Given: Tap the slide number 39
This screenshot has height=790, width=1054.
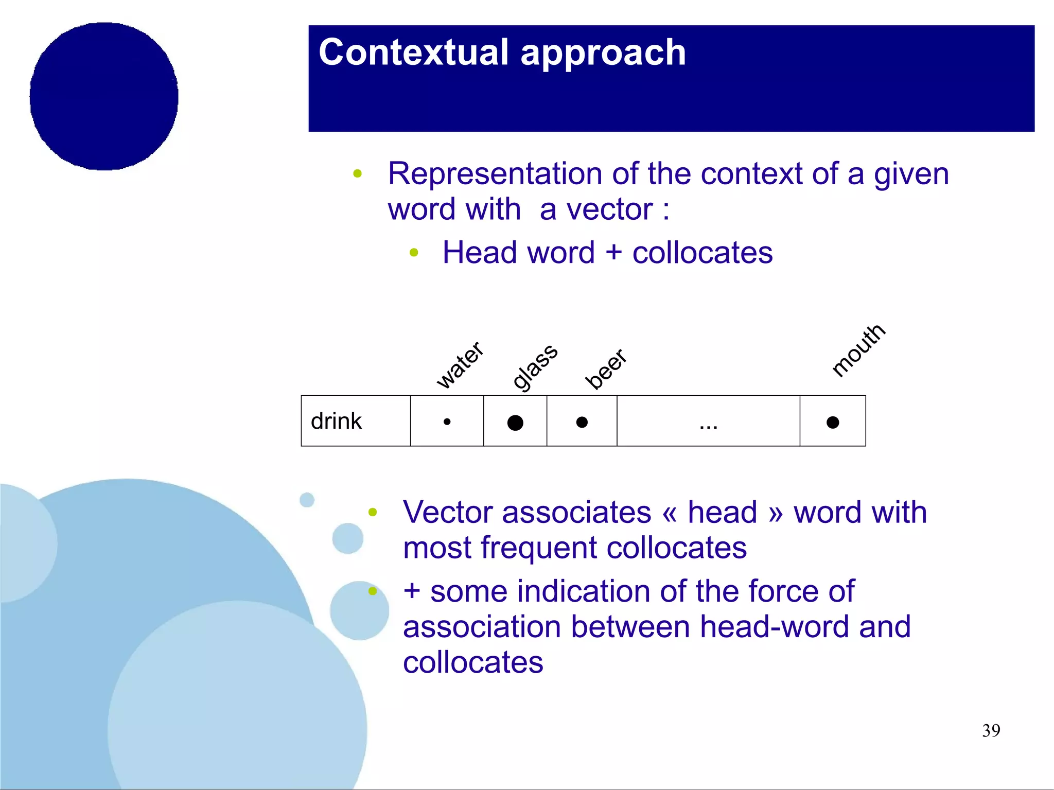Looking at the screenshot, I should coord(991,730).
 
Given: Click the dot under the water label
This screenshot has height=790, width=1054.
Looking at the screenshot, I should coord(447,422).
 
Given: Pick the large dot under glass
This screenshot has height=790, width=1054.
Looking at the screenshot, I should coord(515,423).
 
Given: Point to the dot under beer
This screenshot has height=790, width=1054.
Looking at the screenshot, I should coord(582,422).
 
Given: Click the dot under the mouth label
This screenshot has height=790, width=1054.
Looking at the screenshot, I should coord(833,422).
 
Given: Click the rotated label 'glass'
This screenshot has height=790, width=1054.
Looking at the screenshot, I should coord(535,367).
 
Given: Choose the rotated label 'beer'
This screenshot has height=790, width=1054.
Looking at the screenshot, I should coord(606,368).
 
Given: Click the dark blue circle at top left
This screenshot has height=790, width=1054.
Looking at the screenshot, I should coord(104,96).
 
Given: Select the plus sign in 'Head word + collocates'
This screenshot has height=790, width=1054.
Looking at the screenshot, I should coord(613,253).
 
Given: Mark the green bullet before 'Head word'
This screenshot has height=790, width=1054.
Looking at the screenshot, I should coord(414,253).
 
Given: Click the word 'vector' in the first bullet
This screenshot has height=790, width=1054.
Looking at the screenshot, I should coord(609,209).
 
